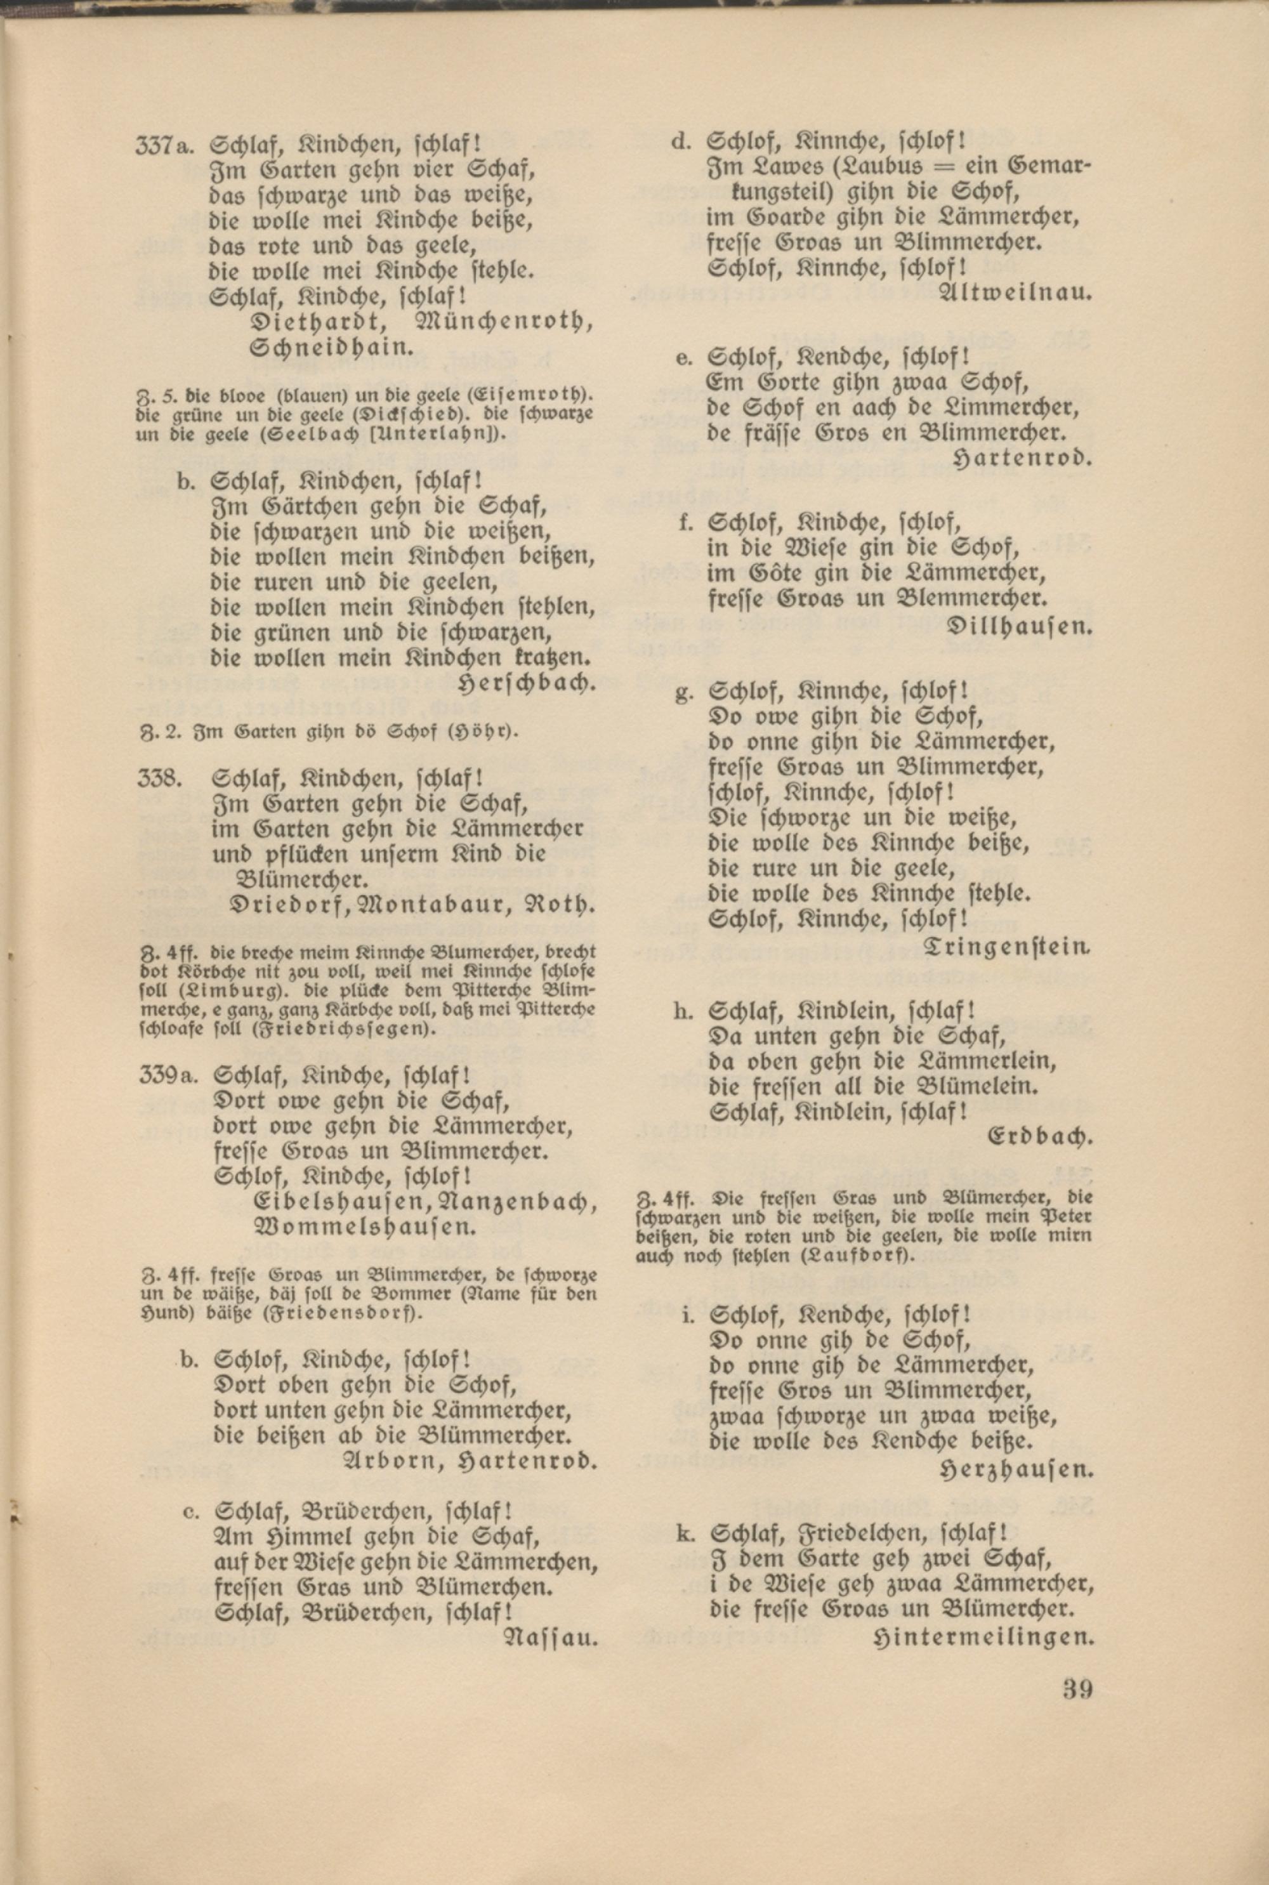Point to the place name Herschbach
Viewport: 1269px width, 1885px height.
point(527,683)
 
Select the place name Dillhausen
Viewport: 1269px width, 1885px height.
point(1019,626)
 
